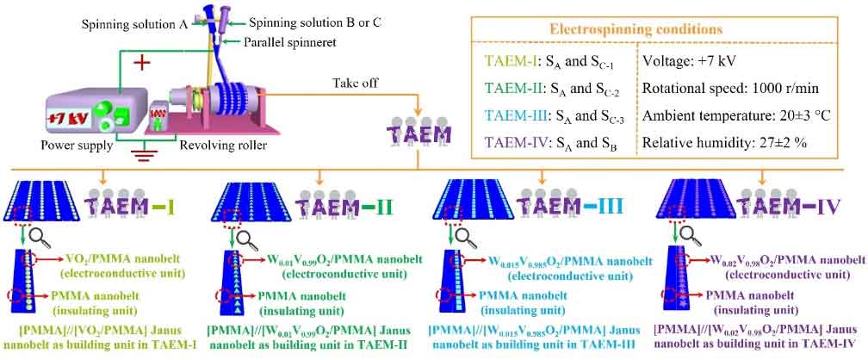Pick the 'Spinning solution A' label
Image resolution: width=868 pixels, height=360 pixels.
click(135, 24)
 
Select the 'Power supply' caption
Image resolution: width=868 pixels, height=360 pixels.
click(77, 146)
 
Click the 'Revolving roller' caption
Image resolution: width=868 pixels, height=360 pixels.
click(224, 146)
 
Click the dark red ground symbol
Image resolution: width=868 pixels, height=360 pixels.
click(145, 153)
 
